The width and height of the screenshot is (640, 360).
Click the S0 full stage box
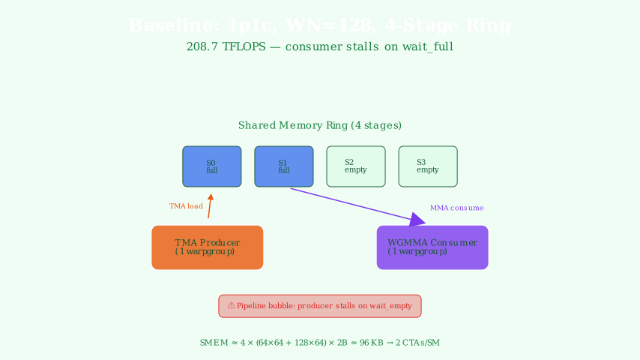pos(212,166)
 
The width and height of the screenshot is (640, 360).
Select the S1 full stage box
pos(284,166)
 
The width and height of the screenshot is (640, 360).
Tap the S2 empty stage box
pos(356,166)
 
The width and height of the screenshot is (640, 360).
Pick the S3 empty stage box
pos(428,166)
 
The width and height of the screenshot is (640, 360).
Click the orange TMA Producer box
pos(208,247)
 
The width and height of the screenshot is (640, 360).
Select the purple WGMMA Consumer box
pos(432,247)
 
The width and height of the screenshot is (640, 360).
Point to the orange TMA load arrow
pos(210,206)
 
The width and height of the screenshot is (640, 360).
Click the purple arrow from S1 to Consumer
pos(352,205)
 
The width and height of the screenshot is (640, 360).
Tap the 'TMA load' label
pos(186,206)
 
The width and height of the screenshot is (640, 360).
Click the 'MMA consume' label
pos(456,208)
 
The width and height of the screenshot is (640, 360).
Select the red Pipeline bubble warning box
pos(320,306)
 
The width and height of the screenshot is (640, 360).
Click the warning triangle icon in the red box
pos(231,306)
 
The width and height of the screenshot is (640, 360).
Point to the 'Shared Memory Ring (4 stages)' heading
pos(320,125)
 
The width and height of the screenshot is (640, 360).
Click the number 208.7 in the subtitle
pos(202,46)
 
